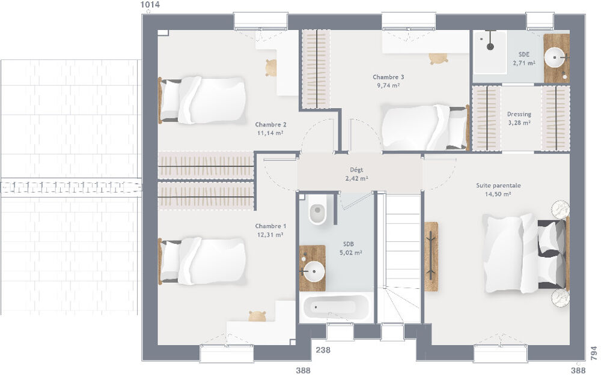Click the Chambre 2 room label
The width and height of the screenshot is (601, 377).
(270, 125)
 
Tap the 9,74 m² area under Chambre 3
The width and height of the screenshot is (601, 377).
(387, 85)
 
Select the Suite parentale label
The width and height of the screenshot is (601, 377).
(498, 185)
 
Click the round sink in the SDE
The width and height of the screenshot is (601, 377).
(555, 59)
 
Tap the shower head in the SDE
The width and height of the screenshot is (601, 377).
(490, 46)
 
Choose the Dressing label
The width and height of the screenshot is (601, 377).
(519, 114)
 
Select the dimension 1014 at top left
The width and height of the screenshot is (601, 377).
(150, 5)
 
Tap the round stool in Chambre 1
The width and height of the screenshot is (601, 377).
(258, 316)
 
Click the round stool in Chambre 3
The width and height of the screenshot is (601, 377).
(438, 58)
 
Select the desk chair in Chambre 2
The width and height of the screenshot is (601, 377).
(271, 67)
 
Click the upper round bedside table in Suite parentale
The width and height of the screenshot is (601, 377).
(560, 208)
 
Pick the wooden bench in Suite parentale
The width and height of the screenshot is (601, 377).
(431, 256)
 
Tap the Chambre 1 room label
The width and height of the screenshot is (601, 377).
(270, 226)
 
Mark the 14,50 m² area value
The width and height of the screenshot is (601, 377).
(498, 194)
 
